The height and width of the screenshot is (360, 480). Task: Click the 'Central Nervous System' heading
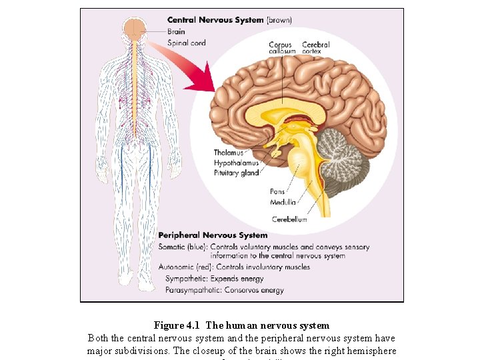215,20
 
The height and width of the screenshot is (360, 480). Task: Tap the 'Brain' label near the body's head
176,31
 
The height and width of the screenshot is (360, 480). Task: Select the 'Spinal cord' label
186,43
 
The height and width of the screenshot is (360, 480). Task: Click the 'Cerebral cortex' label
315,47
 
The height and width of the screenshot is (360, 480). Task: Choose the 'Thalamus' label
229,153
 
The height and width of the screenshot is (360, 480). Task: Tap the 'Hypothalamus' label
236,163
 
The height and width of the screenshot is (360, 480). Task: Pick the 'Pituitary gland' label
236,173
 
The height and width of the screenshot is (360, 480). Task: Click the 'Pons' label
277,192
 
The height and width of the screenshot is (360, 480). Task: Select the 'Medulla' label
283,202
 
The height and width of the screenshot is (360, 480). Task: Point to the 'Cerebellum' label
289,219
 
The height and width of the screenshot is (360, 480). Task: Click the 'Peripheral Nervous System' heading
213,235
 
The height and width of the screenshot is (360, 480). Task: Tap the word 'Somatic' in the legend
173,247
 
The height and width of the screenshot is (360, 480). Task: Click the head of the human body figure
136,28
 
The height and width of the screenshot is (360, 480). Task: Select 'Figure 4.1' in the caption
177,326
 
